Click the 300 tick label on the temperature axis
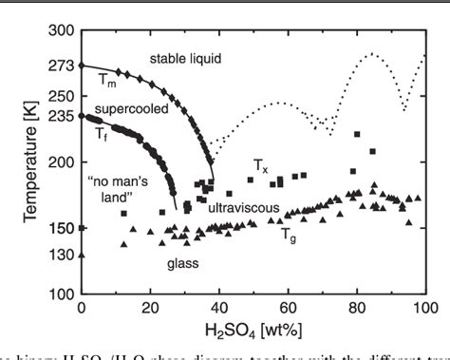point(62,30)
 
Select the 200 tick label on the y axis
point(62,162)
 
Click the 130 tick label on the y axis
point(62,255)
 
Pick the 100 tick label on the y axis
point(62,294)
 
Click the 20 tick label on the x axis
point(150,310)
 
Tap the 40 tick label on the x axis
point(219,310)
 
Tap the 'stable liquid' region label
point(185,59)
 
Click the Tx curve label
point(260,165)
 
